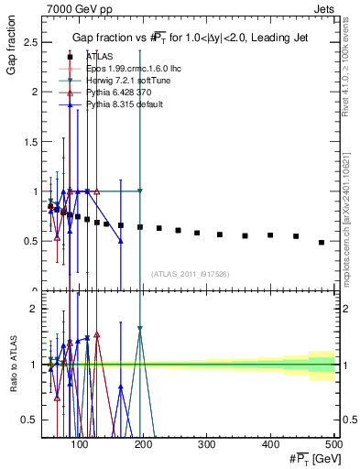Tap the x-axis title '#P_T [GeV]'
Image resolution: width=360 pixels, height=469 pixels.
311,458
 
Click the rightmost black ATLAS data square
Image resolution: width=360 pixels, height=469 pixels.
321,242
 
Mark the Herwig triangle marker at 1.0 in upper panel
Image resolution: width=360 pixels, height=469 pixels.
140,191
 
